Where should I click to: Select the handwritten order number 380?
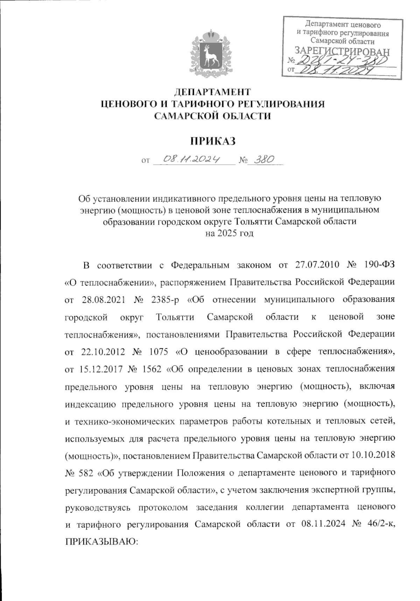point(263,160)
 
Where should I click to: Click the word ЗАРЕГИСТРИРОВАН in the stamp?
point(342,51)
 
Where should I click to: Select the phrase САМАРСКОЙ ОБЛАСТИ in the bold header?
point(213,116)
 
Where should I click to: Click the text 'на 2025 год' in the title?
point(229,233)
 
